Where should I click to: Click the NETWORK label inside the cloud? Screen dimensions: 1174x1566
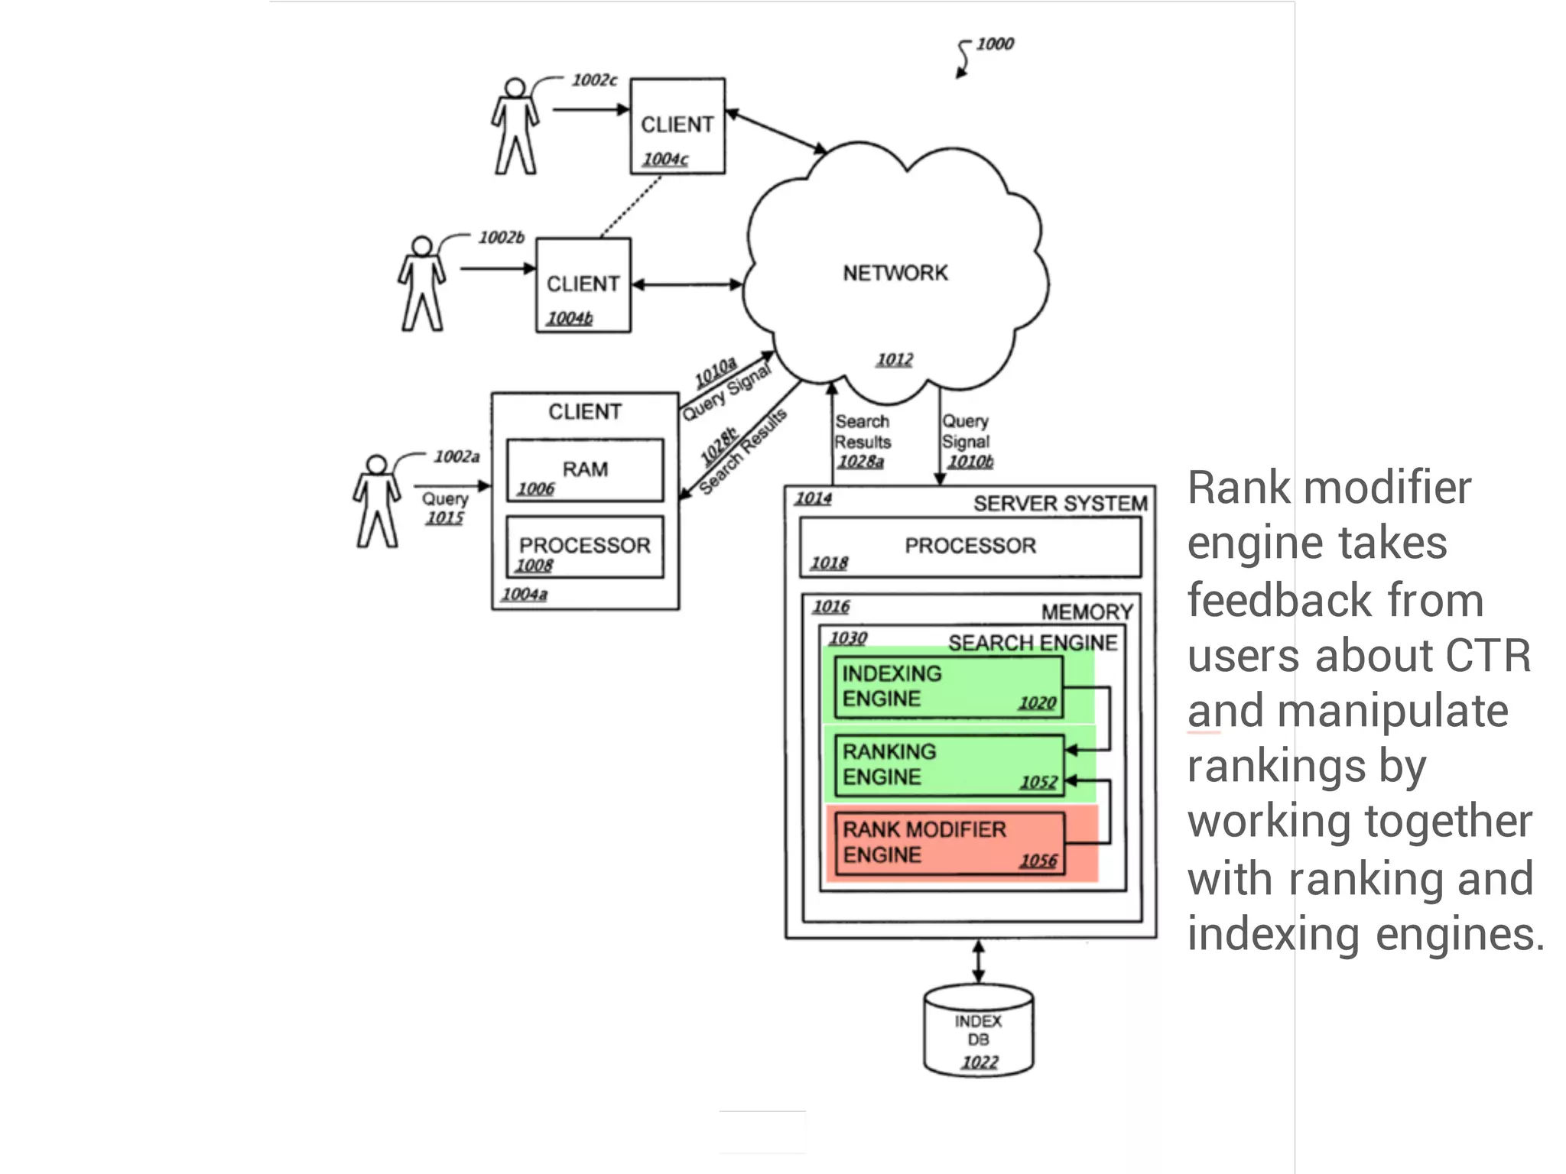pyautogui.click(x=895, y=273)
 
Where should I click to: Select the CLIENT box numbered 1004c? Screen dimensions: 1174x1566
pyautogui.click(x=677, y=127)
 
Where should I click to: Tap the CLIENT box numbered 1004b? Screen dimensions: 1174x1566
pyautogui.click(x=583, y=286)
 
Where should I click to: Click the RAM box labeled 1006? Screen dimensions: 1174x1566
pyautogui.click(x=585, y=471)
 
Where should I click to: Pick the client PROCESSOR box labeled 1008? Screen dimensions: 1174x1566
pyautogui.click(x=585, y=547)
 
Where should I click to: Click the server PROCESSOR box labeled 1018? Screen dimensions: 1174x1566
pyautogui.click(x=970, y=547)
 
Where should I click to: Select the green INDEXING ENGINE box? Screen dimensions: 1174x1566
pyautogui.click(x=947, y=687)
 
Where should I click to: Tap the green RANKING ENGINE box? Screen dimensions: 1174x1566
pyautogui.click(x=948, y=765)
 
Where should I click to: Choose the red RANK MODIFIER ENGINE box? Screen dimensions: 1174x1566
pyautogui.click(x=948, y=843)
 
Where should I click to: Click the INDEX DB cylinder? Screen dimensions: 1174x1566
pyautogui.click(x=978, y=1032)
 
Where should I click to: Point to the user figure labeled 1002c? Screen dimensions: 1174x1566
pyautogui.click(x=515, y=127)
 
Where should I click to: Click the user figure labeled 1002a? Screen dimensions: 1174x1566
pyautogui.click(x=376, y=502)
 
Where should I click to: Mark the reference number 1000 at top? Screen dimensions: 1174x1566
pyautogui.click(x=994, y=44)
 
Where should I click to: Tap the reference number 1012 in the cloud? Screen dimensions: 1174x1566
pyautogui.click(x=894, y=359)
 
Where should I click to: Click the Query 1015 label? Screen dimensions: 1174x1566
pyautogui.click(x=445, y=508)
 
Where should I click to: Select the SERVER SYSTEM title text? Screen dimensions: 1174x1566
pyautogui.click(x=1060, y=504)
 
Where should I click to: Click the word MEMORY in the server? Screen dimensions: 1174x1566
pyautogui.click(x=1087, y=612)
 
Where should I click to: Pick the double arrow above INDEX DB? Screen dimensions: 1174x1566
pyautogui.click(x=978, y=962)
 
